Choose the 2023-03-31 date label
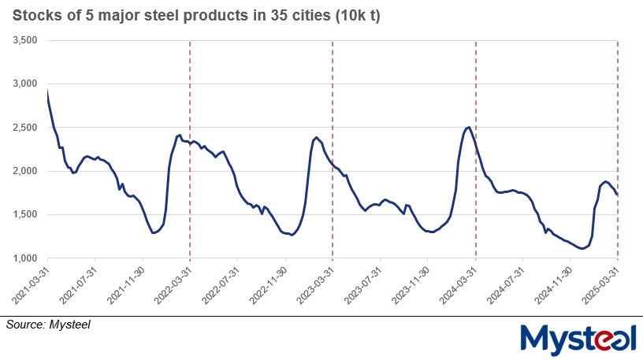click(x=315, y=285)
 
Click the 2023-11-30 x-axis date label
click(x=411, y=285)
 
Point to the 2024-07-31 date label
click(x=505, y=285)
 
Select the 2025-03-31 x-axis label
click(x=600, y=285)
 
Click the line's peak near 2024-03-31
click(x=469, y=127)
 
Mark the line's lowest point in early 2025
click(x=582, y=249)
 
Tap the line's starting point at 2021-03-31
click(x=47, y=89)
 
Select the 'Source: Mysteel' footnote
click(x=48, y=324)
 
